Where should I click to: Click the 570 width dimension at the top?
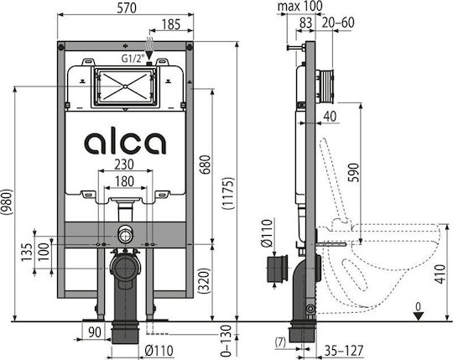click(126, 8)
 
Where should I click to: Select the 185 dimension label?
click(171, 24)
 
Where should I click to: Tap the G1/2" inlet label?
click(133, 59)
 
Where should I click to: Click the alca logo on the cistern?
click(125, 143)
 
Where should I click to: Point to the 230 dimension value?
click(124, 164)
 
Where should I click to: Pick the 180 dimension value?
click(124, 181)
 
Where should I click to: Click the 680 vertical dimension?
click(205, 164)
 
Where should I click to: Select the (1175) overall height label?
click(228, 193)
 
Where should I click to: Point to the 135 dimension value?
click(27, 252)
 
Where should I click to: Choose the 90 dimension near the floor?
click(95, 332)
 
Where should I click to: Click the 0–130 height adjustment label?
click(227, 341)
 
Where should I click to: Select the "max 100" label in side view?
click(299, 6)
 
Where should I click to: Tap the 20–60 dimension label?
click(338, 23)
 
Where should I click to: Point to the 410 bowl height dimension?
click(441, 274)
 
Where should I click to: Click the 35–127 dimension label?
click(343, 350)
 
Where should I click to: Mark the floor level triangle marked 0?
click(418, 316)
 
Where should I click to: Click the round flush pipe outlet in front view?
click(125, 235)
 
